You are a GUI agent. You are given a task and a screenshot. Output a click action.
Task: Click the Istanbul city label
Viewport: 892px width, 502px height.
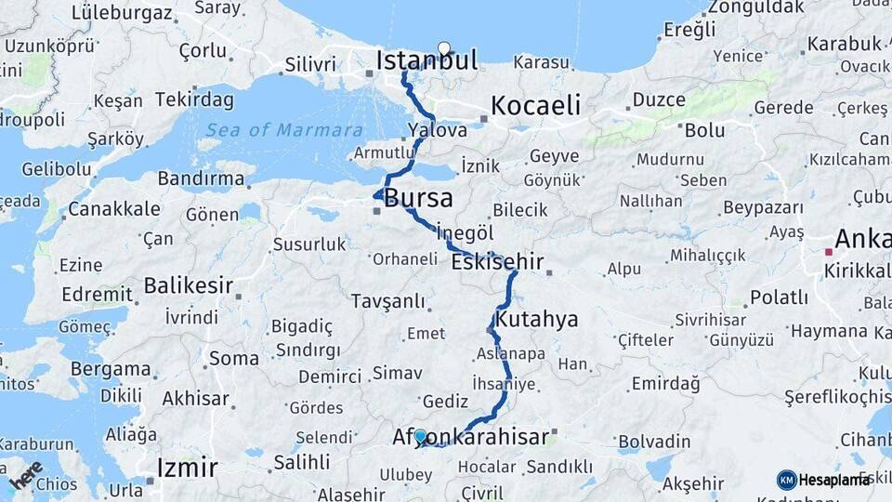tap(426, 61)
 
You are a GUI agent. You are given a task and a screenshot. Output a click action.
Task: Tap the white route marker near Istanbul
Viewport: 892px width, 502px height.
tap(444, 49)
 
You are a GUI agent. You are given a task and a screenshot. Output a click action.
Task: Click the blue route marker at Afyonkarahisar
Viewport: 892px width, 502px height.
tap(420, 437)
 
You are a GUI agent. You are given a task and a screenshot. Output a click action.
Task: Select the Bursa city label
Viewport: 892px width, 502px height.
tap(418, 198)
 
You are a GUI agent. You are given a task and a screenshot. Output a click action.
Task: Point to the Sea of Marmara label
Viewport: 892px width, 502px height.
tap(283, 130)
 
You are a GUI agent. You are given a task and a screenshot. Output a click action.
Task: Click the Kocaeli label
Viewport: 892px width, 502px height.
tap(536, 105)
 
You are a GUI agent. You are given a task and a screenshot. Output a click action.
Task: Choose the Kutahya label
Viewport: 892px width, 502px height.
tap(537, 320)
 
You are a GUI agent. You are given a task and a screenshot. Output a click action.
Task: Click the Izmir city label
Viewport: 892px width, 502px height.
tap(188, 467)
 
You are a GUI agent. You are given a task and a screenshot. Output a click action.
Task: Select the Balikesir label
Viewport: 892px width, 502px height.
tap(189, 285)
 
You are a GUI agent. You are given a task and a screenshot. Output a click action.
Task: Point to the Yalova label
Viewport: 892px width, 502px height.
tap(437, 130)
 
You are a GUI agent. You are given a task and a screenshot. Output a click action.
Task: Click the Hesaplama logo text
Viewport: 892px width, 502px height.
tap(834, 480)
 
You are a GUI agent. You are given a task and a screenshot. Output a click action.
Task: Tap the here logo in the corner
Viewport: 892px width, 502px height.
tap(25, 475)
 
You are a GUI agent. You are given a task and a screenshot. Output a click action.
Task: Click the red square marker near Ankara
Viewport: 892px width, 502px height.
tap(828, 251)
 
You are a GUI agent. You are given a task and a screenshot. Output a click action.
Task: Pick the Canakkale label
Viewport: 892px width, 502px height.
tap(114, 209)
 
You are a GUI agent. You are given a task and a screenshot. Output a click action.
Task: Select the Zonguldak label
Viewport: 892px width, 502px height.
tap(754, 7)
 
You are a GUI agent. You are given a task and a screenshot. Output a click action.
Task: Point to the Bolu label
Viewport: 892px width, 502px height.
tap(704, 130)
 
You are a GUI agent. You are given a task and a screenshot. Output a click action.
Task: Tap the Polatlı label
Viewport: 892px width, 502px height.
tap(779, 297)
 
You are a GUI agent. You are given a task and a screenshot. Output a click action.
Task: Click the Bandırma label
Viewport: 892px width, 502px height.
tap(201, 178)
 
